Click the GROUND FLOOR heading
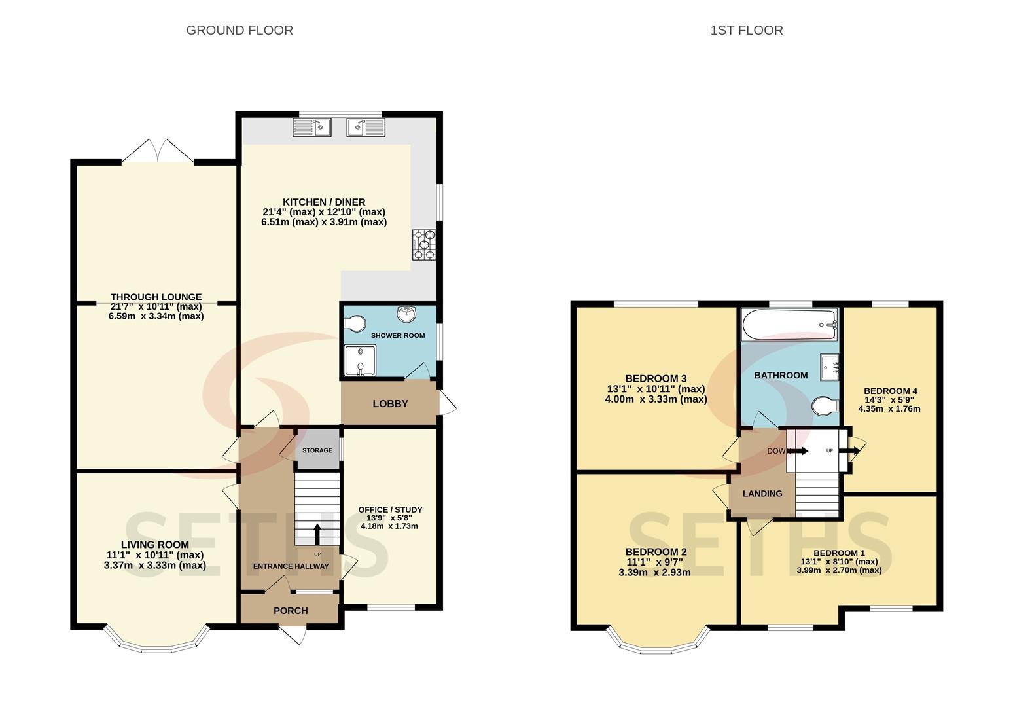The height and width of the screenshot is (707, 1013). [240, 30]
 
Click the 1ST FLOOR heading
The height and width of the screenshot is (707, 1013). [747, 30]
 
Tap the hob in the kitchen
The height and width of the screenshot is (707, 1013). [424, 245]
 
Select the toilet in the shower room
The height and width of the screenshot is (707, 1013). [355, 323]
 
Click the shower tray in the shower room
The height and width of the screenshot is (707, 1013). [360, 361]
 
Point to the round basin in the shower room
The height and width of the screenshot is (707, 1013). [407, 314]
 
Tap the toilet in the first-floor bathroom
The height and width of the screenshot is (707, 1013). [826, 406]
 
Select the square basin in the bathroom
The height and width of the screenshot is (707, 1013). [830, 367]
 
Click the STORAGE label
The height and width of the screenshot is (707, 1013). [317, 450]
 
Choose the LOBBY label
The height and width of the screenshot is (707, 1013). [390, 403]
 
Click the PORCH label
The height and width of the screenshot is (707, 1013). [291, 611]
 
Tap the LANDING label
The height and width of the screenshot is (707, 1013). [762, 494]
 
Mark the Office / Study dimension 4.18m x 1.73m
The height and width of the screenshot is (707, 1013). [389, 526]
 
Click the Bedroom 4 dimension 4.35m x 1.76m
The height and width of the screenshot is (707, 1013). [889, 408]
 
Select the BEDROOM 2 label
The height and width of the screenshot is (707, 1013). [656, 552]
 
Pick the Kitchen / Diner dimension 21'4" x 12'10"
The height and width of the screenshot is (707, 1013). [324, 211]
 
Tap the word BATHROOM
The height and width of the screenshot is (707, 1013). [781, 375]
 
